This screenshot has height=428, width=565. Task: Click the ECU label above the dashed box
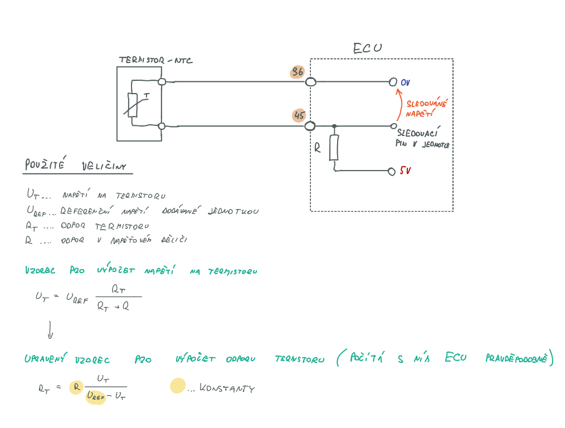click(x=368, y=48)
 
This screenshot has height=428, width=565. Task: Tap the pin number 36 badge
click(x=298, y=72)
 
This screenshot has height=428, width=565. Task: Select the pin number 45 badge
click(x=299, y=115)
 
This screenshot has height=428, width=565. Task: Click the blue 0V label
click(x=405, y=82)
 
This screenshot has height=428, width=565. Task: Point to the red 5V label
click(x=405, y=171)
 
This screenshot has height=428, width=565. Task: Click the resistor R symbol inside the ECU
click(x=334, y=147)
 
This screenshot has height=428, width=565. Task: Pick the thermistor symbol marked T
click(x=133, y=105)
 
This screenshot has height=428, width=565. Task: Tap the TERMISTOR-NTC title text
click(x=155, y=60)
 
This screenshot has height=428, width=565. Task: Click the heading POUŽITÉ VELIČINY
click(x=76, y=166)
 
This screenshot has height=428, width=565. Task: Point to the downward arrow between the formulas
click(x=50, y=329)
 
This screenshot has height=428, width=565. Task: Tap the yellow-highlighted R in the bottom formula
click(x=75, y=387)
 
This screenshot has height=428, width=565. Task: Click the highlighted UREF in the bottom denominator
click(x=96, y=397)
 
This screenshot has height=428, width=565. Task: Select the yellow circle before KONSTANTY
click(x=178, y=386)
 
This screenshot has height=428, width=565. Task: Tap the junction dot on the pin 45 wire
click(x=334, y=126)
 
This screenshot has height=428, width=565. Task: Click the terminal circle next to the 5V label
click(x=392, y=171)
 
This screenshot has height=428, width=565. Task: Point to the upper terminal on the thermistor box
click(x=162, y=82)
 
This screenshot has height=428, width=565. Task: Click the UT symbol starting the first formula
click(x=42, y=297)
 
